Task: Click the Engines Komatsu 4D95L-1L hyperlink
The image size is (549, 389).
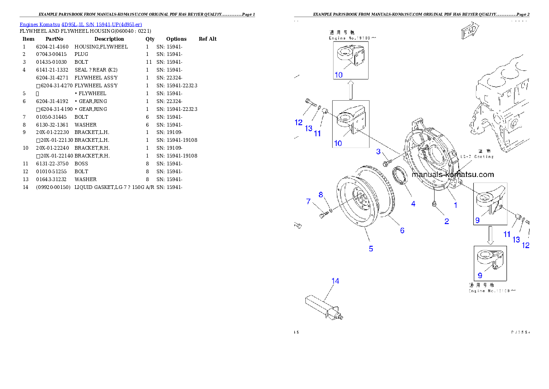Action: coord(81,24)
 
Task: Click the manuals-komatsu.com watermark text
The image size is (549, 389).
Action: coord(453,175)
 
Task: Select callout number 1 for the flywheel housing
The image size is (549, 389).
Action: coord(455,205)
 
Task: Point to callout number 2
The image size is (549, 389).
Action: coord(447,221)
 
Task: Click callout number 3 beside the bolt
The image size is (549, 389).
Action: coord(378,152)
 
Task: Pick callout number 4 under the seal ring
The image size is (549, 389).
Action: coord(413,203)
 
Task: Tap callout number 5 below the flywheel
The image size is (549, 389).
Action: coord(371,249)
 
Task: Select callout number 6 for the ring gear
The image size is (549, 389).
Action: coord(402,230)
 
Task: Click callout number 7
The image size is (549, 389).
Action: coord(309,201)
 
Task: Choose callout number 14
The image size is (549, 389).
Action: coord(335,281)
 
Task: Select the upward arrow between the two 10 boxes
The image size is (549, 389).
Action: coord(351,90)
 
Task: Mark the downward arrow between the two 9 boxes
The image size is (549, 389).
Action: coord(490,235)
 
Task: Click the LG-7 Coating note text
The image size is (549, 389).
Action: coord(477,157)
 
